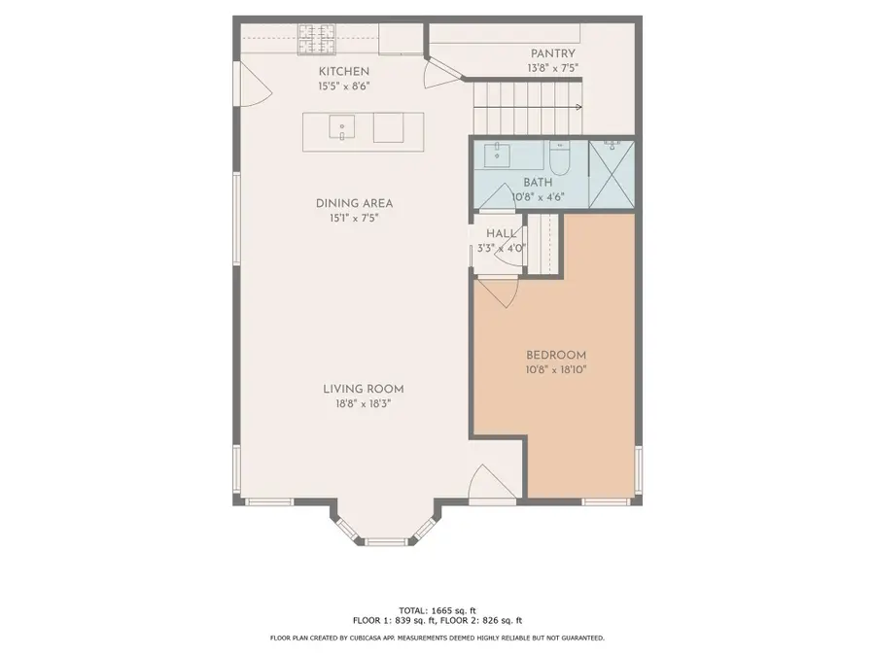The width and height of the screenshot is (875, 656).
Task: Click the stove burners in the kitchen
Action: pos(317,39)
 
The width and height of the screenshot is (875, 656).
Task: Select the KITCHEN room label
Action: pos(344,72)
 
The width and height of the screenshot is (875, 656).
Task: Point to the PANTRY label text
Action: pos(552,53)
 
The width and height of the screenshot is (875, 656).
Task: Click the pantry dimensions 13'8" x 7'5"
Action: pos(552,68)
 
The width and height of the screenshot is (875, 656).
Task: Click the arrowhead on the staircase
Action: pos(578,107)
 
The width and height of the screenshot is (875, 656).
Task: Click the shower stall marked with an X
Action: pos(612,175)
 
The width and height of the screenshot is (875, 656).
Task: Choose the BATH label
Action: pos(538,183)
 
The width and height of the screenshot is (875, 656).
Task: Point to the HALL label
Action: pos(502,233)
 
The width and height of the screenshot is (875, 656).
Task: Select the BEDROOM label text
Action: pos(556,355)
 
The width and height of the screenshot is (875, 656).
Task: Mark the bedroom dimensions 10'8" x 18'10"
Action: pos(556,369)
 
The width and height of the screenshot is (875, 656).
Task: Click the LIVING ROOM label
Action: pos(364,389)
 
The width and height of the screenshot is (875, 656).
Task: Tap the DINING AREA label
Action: pos(354,203)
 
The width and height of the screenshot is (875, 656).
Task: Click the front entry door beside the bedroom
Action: pos(486,483)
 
